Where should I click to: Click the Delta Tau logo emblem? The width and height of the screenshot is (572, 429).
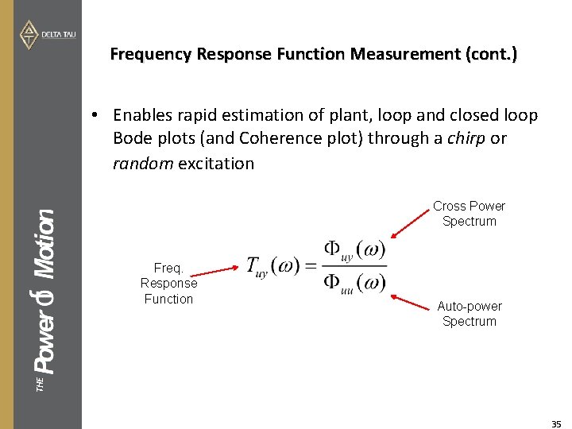29,34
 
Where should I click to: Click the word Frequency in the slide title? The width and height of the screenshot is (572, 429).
151,54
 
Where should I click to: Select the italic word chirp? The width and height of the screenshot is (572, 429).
466,138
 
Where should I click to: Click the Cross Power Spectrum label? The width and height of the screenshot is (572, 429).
469,214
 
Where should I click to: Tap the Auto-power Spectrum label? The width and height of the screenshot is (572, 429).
469,314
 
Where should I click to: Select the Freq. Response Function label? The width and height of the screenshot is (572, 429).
168,284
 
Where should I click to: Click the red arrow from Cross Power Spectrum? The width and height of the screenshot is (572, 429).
411,222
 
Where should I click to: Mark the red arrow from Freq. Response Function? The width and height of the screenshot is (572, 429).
218,271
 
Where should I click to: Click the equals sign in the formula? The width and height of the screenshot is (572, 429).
311,267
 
